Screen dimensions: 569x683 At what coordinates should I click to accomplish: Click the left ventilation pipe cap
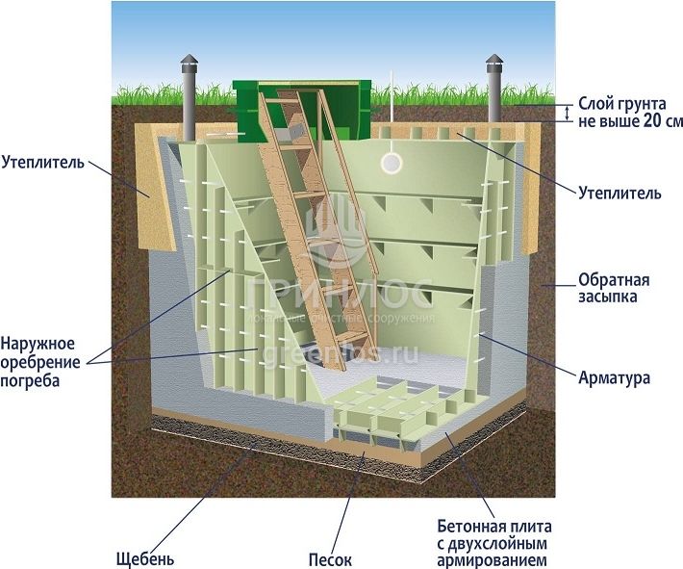[x=189, y=64]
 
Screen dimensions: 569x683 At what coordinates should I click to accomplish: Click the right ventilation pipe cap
[x=494, y=64]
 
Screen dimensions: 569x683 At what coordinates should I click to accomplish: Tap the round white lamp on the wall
[x=392, y=163]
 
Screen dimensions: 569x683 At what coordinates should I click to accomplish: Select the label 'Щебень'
[x=145, y=557]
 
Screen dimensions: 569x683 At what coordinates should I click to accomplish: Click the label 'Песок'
[x=331, y=557]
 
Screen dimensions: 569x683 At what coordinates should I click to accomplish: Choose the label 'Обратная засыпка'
[x=614, y=291]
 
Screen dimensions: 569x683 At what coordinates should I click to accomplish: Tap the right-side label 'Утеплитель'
[x=620, y=193]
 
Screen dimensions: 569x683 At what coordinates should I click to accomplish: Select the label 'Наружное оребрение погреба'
[x=38, y=361]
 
